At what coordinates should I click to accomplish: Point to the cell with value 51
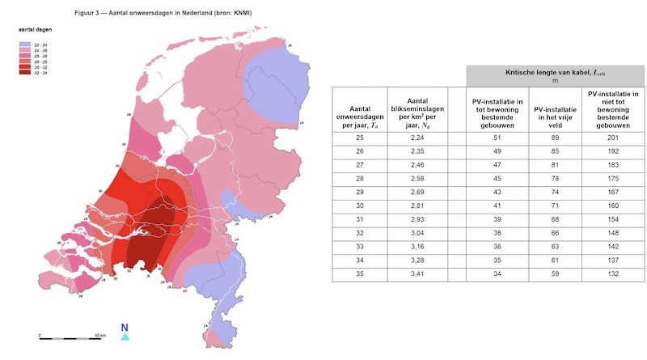(496, 138)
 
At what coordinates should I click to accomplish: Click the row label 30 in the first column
(360, 205)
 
